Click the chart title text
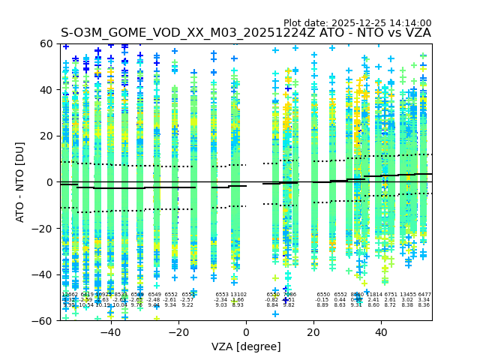click(x=246, y=33)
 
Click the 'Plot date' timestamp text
click(x=357, y=23)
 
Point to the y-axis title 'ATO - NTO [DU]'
click(x=21, y=182)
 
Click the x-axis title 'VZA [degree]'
click(x=246, y=346)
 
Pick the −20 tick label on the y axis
click(x=43, y=229)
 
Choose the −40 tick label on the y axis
click(x=43, y=274)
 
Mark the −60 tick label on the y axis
click(x=43, y=321)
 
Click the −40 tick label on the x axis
click(x=110, y=331)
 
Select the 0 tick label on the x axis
click(x=246, y=331)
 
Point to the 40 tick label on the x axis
click(x=381, y=331)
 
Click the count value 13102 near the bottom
click(x=238, y=295)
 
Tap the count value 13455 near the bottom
click(x=408, y=295)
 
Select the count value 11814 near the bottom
click(x=373, y=295)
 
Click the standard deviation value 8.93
click(x=238, y=305)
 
